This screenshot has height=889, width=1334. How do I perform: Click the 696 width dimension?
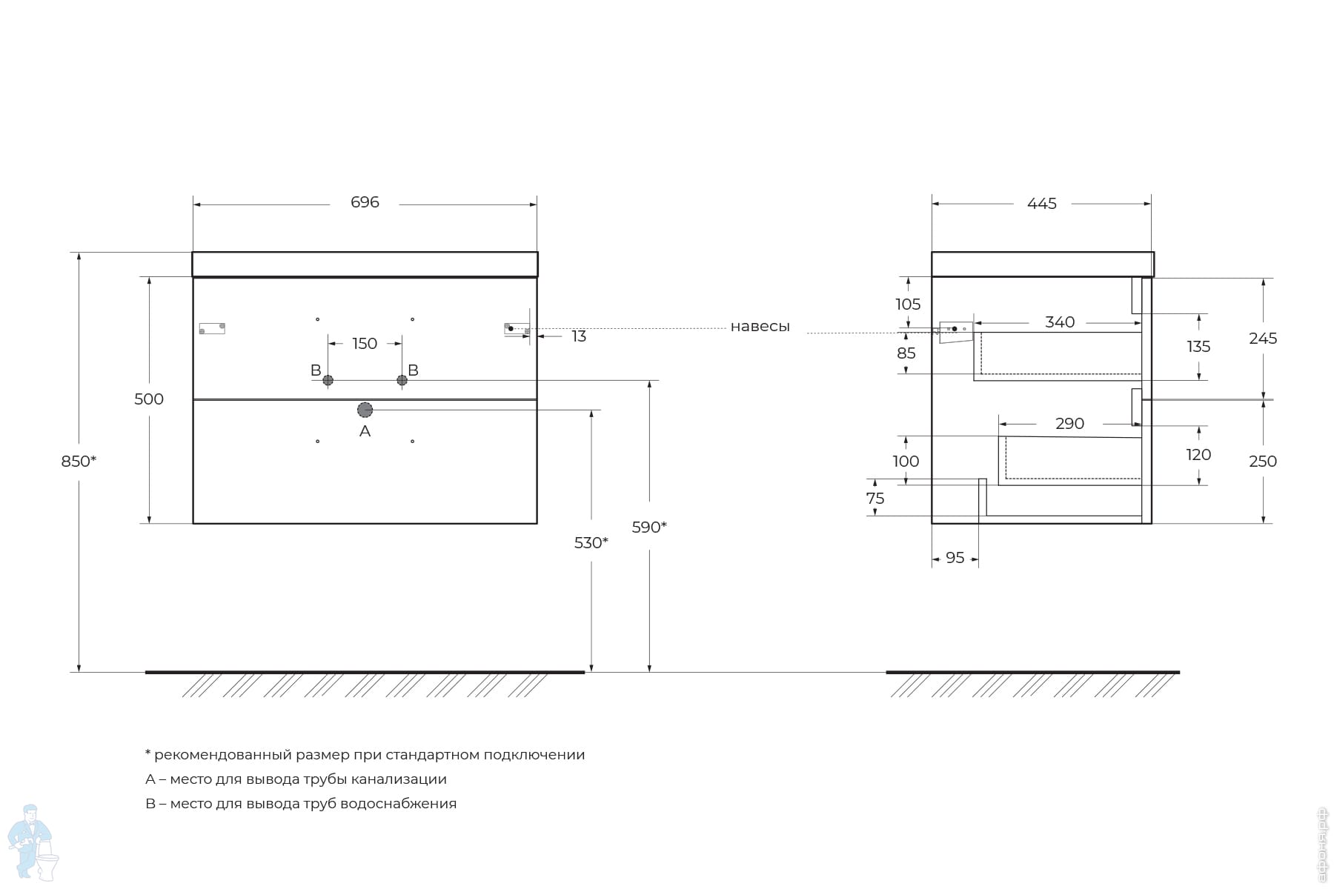coord(365,202)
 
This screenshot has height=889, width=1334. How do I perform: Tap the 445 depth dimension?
coord(1041,204)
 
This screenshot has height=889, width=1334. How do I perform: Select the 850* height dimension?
coord(79,462)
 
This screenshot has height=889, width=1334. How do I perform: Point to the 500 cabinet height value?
coord(149,399)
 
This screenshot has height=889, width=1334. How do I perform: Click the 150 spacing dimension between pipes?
coord(365,344)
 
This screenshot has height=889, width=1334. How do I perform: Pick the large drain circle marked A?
coord(365,410)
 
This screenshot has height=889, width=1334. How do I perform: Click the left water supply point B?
coord(328,380)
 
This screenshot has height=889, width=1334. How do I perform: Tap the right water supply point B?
coord(402,380)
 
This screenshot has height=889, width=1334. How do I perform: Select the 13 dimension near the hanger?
coord(579,337)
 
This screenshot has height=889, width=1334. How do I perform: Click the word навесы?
coord(760,327)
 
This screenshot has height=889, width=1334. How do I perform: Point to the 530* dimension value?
coord(591,543)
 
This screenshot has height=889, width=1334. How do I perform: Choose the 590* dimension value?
coord(649,527)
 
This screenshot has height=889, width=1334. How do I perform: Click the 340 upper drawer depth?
coord(1060,322)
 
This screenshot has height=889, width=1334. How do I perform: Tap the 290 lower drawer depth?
coord(1069,424)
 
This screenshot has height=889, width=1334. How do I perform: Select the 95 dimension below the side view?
coord(955,558)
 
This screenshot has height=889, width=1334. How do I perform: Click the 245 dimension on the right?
coord(1263,339)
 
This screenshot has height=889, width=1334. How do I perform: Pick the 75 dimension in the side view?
coord(875,499)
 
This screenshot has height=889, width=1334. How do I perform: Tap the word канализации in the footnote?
coord(399,779)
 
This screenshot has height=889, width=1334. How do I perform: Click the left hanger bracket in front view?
coord(212,328)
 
